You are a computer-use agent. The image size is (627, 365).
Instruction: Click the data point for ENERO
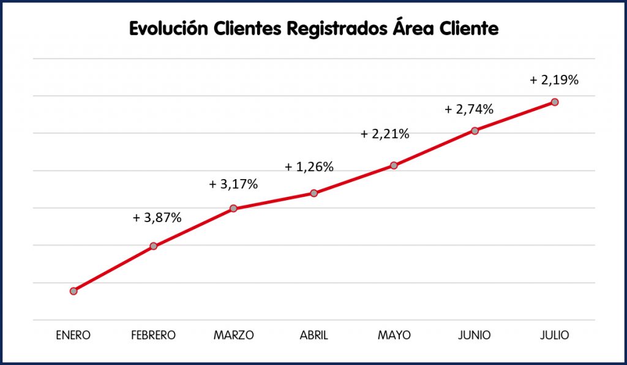click(73, 291)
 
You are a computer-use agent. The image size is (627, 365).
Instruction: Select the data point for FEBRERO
click(154, 246)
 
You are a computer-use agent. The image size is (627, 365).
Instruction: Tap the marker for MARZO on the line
click(233, 209)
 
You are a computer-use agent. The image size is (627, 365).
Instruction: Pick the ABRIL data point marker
click(313, 193)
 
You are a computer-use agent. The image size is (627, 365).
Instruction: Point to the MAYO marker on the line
click(394, 166)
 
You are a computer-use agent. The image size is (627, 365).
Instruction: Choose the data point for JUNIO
click(475, 130)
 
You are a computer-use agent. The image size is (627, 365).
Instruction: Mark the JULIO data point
click(555, 102)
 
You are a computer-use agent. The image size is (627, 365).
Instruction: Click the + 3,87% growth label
click(157, 217)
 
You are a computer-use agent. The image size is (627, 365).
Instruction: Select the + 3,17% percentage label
click(233, 184)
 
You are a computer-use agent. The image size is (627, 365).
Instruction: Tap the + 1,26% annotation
click(309, 167)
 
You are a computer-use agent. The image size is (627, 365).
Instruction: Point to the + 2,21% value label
click(385, 134)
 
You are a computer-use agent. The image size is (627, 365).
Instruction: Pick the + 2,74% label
click(469, 110)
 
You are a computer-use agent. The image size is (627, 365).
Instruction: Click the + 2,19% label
click(554, 80)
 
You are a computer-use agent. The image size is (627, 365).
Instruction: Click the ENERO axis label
click(73, 336)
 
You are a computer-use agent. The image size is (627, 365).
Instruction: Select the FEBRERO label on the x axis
click(153, 336)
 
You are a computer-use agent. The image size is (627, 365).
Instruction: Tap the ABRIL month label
click(313, 336)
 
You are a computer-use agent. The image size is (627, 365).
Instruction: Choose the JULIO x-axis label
click(555, 336)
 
